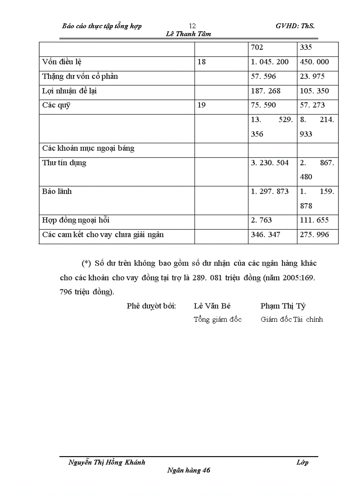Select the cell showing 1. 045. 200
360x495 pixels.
click(270, 62)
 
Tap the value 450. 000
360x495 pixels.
click(314, 62)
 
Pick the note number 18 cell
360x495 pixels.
click(202, 62)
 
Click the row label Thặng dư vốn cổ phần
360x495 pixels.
click(80, 77)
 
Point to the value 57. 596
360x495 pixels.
click(263, 77)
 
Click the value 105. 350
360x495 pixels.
click(314, 91)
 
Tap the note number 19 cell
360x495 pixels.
click(202, 106)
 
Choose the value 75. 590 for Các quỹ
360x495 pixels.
click(263, 106)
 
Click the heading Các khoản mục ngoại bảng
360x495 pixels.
click(88, 149)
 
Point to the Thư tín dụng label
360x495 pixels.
click(64, 163)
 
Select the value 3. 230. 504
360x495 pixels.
click(270, 163)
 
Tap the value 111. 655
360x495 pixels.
click(314, 220)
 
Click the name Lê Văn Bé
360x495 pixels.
click(212, 306)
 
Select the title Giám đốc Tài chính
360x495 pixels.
click(292, 320)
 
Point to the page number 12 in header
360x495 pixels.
click(192, 26)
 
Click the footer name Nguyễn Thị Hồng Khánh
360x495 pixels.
click(107, 462)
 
